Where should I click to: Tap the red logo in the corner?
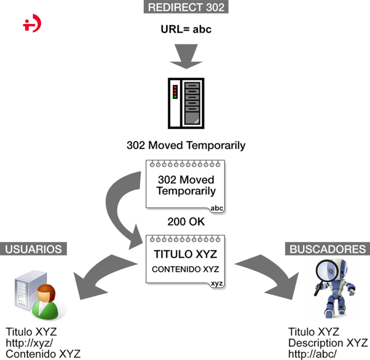pyautogui.click(x=32, y=25)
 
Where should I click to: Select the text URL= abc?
pyautogui.click(x=186, y=29)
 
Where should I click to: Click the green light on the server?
pyautogui.click(x=175, y=97)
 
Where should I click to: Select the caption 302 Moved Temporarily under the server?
pyautogui.click(x=186, y=145)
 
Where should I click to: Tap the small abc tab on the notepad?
pyautogui.click(x=217, y=209)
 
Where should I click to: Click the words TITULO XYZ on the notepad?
pyautogui.click(x=185, y=254)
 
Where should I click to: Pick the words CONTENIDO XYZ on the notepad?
pyautogui.click(x=185, y=269)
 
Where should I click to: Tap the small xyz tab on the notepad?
pyautogui.click(x=217, y=283)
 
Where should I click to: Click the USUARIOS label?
pyautogui.click(x=33, y=249)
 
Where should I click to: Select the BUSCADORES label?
pyautogui.click(x=328, y=249)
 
